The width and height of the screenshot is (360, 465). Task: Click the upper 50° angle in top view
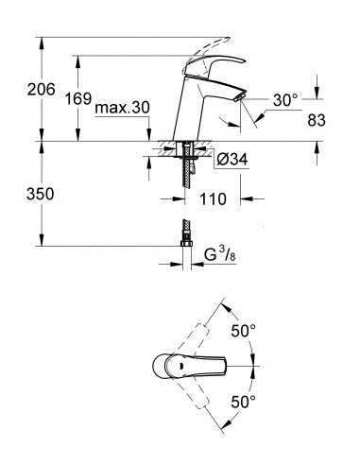[242, 332]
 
